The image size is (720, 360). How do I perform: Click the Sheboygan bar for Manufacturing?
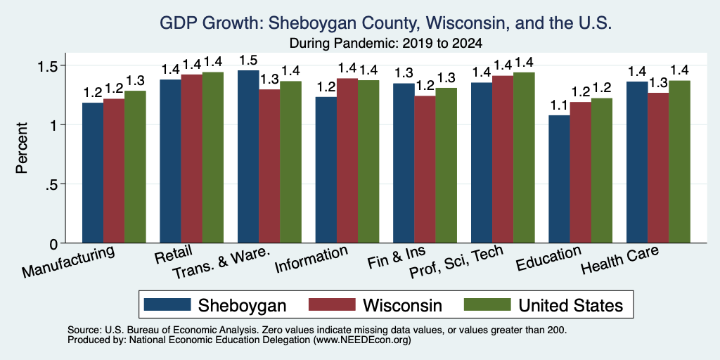(x=93, y=173)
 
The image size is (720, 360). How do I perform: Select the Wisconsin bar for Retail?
(x=191, y=158)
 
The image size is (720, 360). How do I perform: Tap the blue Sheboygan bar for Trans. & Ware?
(x=248, y=157)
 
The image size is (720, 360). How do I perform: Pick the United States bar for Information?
(x=368, y=162)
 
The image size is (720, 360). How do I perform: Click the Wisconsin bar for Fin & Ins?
(x=425, y=169)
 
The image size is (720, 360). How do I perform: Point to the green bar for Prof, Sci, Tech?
(x=524, y=157)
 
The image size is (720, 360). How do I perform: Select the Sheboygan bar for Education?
(x=559, y=179)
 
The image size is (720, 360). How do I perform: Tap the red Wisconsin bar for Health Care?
(x=658, y=168)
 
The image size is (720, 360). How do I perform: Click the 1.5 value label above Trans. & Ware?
(x=248, y=60)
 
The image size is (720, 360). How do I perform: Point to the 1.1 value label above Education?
(x=559, y=106)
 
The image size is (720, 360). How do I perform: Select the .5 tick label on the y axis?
(x=52, y=184)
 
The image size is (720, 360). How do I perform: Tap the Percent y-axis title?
(x=22, y=148)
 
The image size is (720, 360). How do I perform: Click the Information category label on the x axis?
(x=311, y=260)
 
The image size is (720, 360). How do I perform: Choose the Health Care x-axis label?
(x=620, y=259)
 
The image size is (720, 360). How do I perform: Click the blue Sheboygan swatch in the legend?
(x=167, y=304)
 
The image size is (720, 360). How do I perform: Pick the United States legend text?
(x=571, y=305)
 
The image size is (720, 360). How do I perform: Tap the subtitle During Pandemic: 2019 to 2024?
(x=386, y=44)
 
